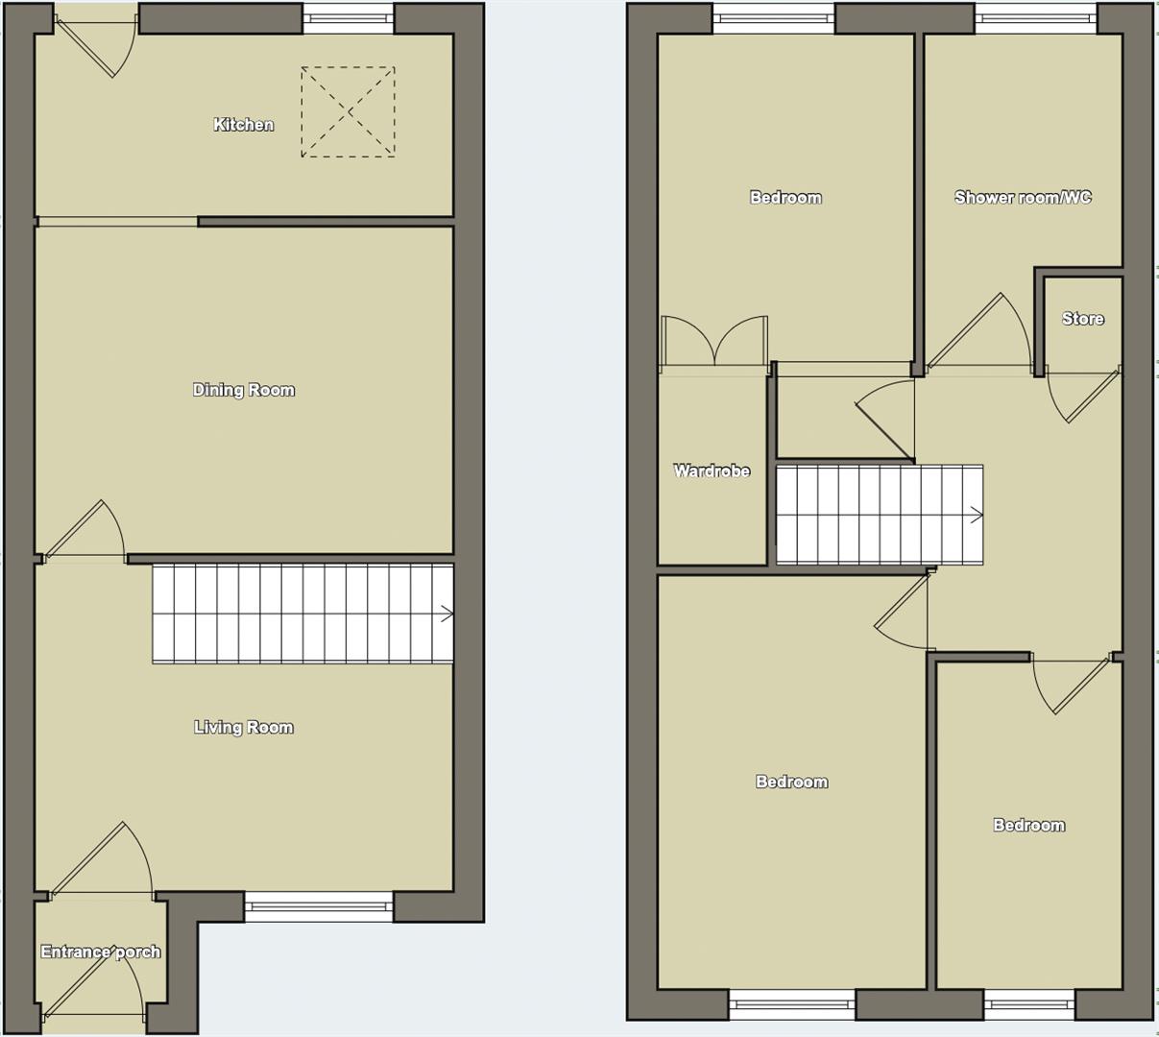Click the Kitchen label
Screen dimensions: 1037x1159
[x=243, y=125]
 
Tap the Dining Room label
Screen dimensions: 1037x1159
[x=243, y=390]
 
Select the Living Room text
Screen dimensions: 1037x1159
[x=243, y=728]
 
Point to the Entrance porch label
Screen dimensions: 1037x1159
[x=100, y=953]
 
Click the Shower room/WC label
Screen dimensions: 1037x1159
[x=1023, y=198]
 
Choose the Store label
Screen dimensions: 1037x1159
[x=1082, y=319]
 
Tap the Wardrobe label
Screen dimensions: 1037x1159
[x=712, y=471]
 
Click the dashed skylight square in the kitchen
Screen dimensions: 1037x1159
[x=348, y=111]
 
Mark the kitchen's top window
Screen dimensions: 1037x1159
[x=349, y=18]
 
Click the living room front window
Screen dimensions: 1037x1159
[x=319, y=907]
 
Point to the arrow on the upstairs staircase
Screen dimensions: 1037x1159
[x=977, y=516]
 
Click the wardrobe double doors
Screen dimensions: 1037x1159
[x=714, y=342]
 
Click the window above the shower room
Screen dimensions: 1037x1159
[x=1036, y=18]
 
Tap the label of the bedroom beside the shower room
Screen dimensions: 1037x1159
[x=785, y=198]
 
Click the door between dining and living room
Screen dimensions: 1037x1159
[x=85, y=530]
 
